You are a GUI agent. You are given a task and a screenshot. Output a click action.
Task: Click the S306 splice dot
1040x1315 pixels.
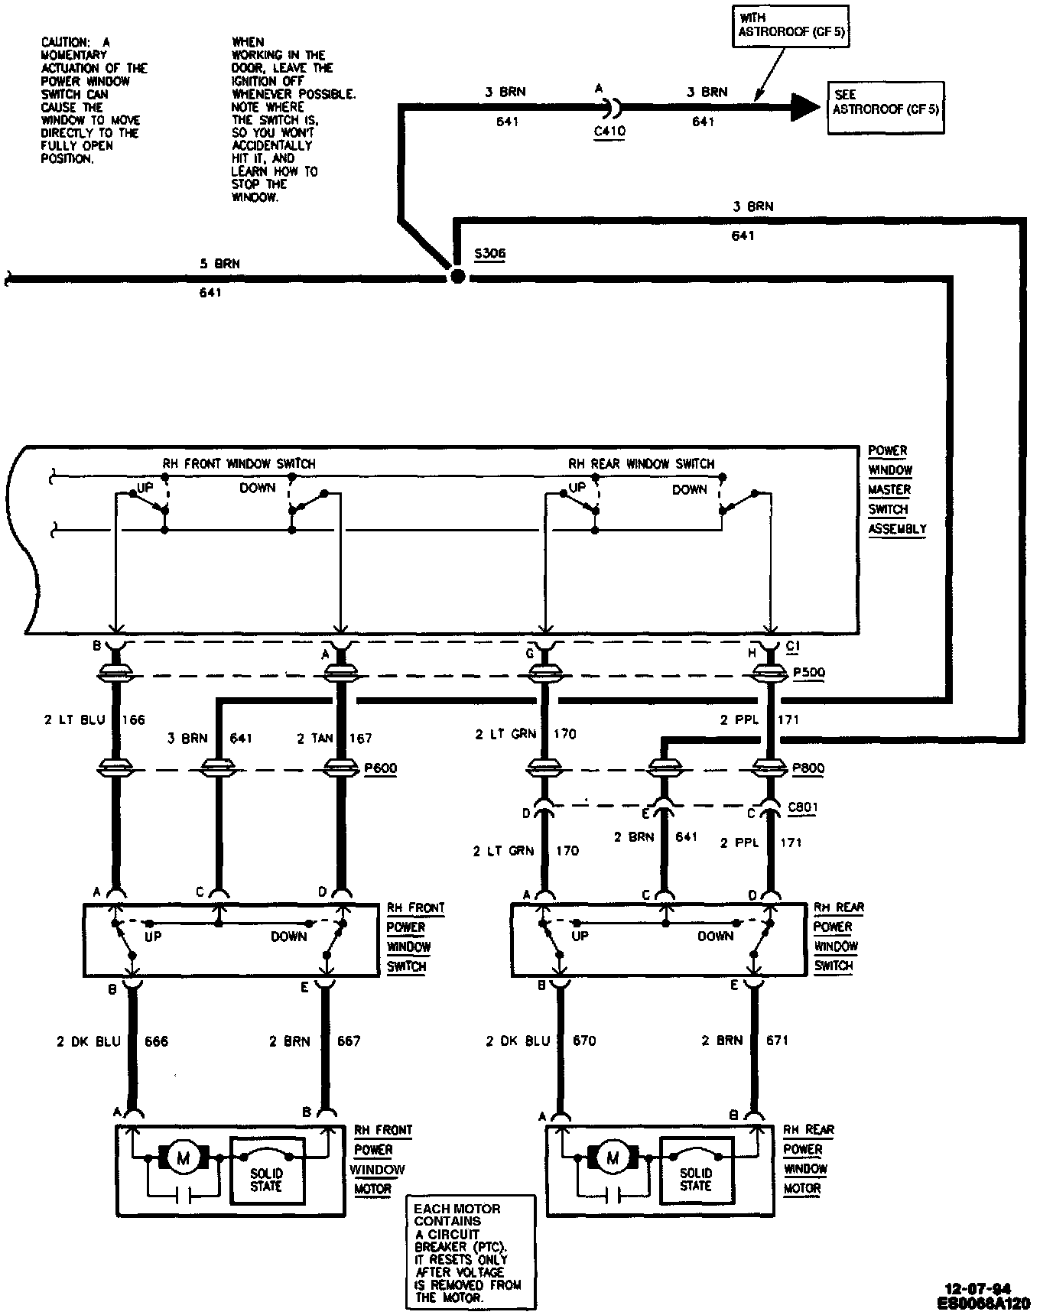coord(457,276)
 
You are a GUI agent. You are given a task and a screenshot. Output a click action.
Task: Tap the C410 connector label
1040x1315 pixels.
coord(609,131)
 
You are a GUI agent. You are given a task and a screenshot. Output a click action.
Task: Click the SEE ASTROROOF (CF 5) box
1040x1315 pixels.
coord(886,108)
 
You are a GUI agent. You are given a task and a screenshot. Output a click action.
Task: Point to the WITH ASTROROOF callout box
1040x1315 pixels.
coord(791,26)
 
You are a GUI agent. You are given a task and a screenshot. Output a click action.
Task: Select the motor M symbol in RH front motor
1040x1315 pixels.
coord(184,1158)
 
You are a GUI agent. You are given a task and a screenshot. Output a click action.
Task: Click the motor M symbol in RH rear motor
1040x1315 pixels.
coord(612,1158)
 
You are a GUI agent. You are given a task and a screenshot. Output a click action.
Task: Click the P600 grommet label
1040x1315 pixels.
coord(380,768)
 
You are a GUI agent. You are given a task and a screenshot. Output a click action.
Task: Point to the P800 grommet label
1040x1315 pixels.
coord(808,768)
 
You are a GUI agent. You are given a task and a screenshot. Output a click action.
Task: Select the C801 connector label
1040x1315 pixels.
coord(801,807)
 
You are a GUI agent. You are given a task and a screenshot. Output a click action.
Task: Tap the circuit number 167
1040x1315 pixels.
coord(360,738)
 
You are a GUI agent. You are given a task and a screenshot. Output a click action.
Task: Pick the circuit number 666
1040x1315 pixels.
coord(156,1041)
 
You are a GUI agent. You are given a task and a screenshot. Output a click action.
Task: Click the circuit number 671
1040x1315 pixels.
coord(777,1040)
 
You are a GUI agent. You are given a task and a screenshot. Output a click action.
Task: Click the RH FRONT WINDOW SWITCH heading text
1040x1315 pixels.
coord(239,463)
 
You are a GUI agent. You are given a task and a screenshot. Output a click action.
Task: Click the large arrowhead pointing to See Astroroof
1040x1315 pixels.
coord(802,107)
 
